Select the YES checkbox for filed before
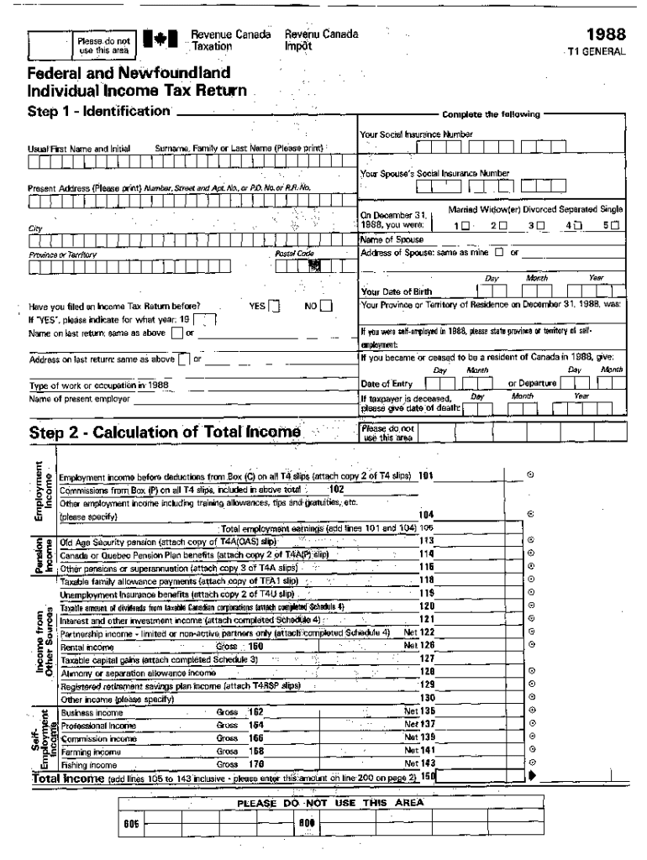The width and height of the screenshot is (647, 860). point(274,306)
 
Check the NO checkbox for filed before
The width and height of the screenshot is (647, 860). point(325,306)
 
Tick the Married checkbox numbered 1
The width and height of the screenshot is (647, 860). point(466,226)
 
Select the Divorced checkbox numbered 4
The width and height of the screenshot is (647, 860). point(577,226)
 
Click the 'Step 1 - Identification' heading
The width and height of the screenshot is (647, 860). point(100,112)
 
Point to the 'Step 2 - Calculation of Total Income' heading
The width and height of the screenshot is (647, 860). point(165,432)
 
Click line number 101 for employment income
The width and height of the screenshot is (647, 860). point(426,475)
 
